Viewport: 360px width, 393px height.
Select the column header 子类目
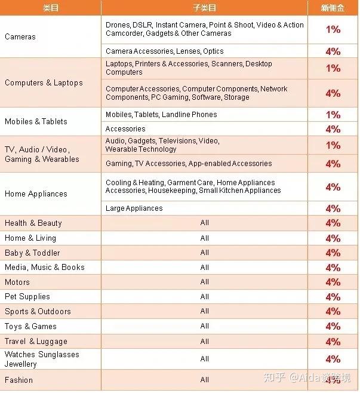[x=204, y=7]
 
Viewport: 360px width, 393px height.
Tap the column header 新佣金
[x=332, y=7]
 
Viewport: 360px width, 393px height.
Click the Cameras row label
[x=20, y=37]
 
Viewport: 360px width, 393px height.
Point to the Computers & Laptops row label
[x=44, y=82]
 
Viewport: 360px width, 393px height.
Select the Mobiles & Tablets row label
[x=36, y=121]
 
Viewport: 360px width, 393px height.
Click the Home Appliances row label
[x=36, y=194]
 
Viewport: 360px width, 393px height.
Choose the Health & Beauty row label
[x=33, y=223]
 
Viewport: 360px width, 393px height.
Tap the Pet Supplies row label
[x=27, y=296]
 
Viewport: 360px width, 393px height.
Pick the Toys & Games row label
[x=30, y=326]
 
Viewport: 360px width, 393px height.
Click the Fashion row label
[x=19, y=380]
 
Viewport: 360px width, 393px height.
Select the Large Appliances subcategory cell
[x=134, y=208]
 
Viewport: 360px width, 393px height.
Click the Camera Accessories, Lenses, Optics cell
[x=165, y=51]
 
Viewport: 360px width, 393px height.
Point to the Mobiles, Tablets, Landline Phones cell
[x=161, y=114]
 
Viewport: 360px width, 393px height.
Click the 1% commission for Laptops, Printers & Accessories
[x=333, y=68]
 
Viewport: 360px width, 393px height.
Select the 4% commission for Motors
[x=333, y=282]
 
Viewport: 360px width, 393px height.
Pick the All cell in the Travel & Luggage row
[x=205, y=341]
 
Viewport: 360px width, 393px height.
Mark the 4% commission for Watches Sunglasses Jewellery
[x=333, y=359]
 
